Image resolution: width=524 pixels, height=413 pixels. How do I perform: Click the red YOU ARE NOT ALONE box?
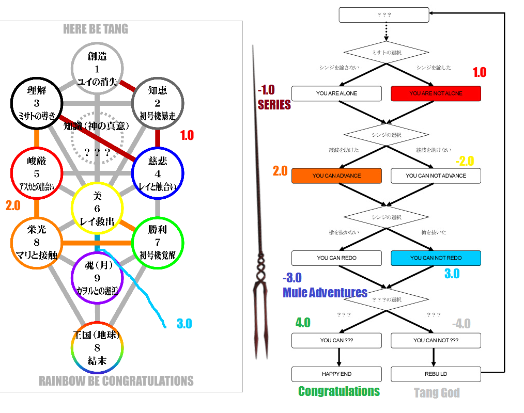436,93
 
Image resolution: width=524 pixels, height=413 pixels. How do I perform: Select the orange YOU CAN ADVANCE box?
336,176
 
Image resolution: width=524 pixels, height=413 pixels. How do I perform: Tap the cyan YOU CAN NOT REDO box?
436,258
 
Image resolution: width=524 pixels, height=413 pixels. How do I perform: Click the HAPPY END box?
336,374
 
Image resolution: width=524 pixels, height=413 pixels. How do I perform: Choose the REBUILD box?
436,374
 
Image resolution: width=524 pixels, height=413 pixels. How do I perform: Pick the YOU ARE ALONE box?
336,93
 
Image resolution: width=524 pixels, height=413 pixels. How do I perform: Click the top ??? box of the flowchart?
384,15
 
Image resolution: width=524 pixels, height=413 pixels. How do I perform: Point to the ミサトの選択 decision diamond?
386,52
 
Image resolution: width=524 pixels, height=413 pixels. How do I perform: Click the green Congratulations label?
339,391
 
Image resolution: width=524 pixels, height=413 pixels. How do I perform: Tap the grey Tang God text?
437,393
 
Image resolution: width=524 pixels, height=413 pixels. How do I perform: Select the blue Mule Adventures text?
325,293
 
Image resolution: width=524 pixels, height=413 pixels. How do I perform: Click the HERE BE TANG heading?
96,29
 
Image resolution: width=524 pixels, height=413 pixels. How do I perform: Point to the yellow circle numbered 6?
97,208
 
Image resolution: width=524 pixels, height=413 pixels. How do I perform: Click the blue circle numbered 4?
158,173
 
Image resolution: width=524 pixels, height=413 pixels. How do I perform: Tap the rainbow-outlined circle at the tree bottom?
97,348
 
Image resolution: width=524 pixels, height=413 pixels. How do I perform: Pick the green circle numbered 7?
158,243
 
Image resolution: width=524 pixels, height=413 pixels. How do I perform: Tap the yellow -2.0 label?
465,161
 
